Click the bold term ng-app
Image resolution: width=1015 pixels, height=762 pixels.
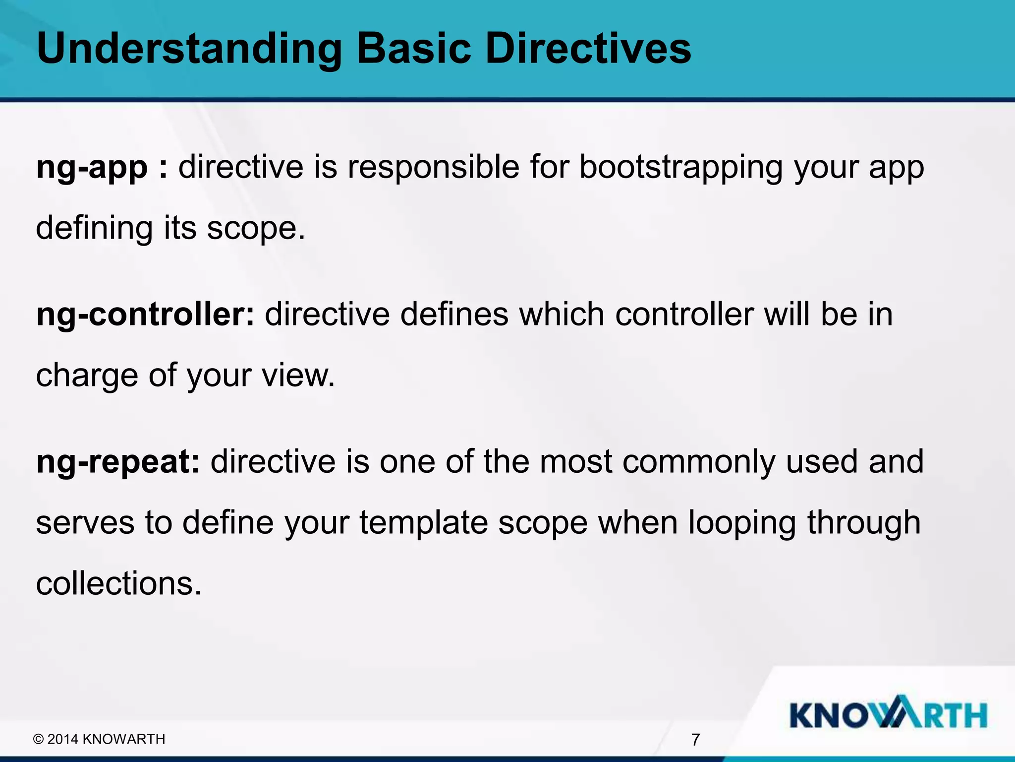pos(92,167)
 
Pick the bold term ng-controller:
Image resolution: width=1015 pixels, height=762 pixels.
pos(145,315)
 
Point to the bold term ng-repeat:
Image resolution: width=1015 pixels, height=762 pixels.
pos(118,462)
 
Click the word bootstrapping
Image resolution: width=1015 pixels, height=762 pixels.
pos(681,167)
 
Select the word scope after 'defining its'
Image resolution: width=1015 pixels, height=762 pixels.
pos(255,228)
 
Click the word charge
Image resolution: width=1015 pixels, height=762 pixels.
pos(87,376)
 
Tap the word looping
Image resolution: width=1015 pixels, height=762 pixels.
pos(742,523)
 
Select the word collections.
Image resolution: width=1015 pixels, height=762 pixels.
pos(119,583)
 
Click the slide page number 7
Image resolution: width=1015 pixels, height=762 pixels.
pos(695,740)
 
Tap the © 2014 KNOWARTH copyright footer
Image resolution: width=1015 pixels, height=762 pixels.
pos(99,739)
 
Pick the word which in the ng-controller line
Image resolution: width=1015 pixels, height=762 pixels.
pos(562,315)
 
